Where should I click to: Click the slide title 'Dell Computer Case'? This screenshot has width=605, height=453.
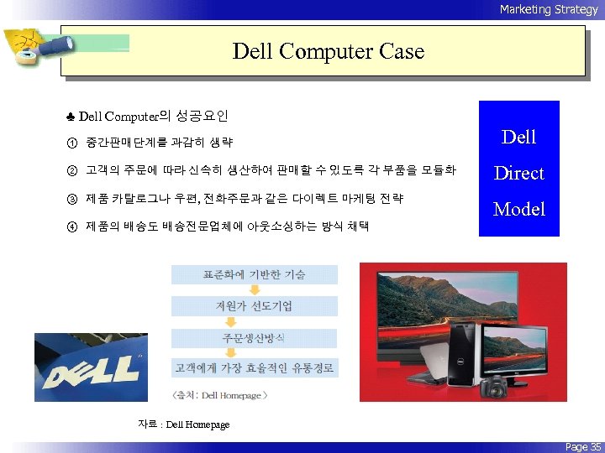coord(328,51)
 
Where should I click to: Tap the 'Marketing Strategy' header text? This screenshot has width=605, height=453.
coord(548,9)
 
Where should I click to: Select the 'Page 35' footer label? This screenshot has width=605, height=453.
coord(582,446)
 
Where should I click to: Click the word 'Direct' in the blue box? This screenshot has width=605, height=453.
coord(518,173)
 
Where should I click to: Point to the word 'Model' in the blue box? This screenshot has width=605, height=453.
coord(518,209)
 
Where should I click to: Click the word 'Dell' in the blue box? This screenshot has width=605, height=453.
coord(518,137)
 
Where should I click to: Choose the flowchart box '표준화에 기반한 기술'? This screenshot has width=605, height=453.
coord(254,274)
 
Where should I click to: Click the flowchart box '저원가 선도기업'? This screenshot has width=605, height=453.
coord(254,305)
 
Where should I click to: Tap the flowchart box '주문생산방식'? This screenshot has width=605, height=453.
coord(254,337)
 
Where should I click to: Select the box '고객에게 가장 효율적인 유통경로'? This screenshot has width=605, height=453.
coord(254,367)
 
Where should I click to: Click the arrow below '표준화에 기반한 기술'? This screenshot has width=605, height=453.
coord(254,290)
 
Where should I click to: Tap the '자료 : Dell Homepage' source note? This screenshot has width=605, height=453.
coord(183,424)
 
